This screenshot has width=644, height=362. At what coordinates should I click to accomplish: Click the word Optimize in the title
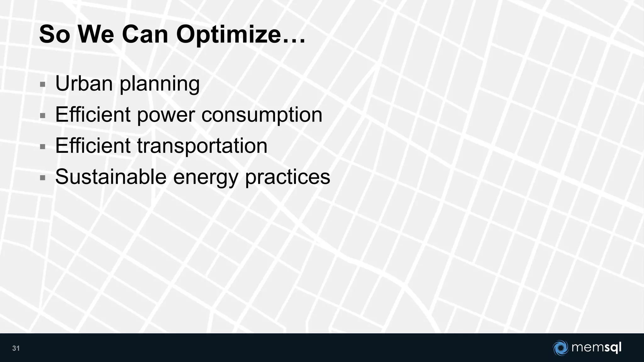pos(241,35)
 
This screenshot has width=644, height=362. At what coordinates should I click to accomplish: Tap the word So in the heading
pos(54,35)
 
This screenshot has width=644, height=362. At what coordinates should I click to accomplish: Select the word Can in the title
pos(145,35)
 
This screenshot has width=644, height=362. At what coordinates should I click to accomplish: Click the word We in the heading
pos(96,35)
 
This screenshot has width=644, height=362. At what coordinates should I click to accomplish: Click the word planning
pos(160,84)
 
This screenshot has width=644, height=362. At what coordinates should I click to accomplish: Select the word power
pos(166,115)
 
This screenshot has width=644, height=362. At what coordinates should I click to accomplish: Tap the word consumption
pos(262,115)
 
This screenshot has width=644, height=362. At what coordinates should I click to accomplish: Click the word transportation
pos(202,146)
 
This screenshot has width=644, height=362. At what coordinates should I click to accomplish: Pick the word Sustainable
pos(111,177)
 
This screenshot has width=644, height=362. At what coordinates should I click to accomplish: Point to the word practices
pos(287,177)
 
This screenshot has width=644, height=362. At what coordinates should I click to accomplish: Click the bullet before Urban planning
pos(43,84)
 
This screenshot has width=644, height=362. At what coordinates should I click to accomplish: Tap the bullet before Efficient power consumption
pos(43,116)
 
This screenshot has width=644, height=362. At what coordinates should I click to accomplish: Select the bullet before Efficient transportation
pos(43,147)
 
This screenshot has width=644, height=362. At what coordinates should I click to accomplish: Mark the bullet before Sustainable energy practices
pos(43,178)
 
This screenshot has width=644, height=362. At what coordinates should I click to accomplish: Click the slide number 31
pos(16,348)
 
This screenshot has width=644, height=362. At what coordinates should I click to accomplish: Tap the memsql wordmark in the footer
pos(596,348)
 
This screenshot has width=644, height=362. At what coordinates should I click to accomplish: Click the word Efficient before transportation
pos(93,146)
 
